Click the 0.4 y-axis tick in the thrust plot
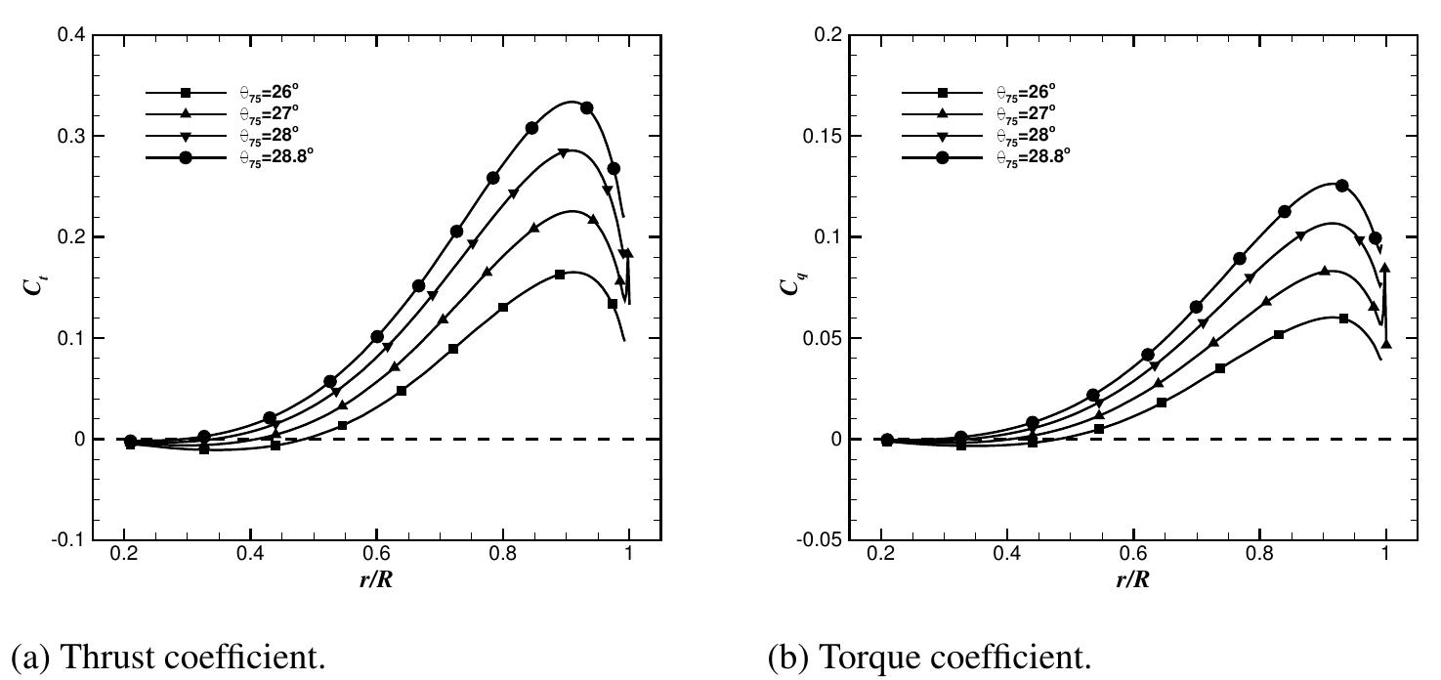tap(73, 35)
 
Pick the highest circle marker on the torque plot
tap(1342, 186)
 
